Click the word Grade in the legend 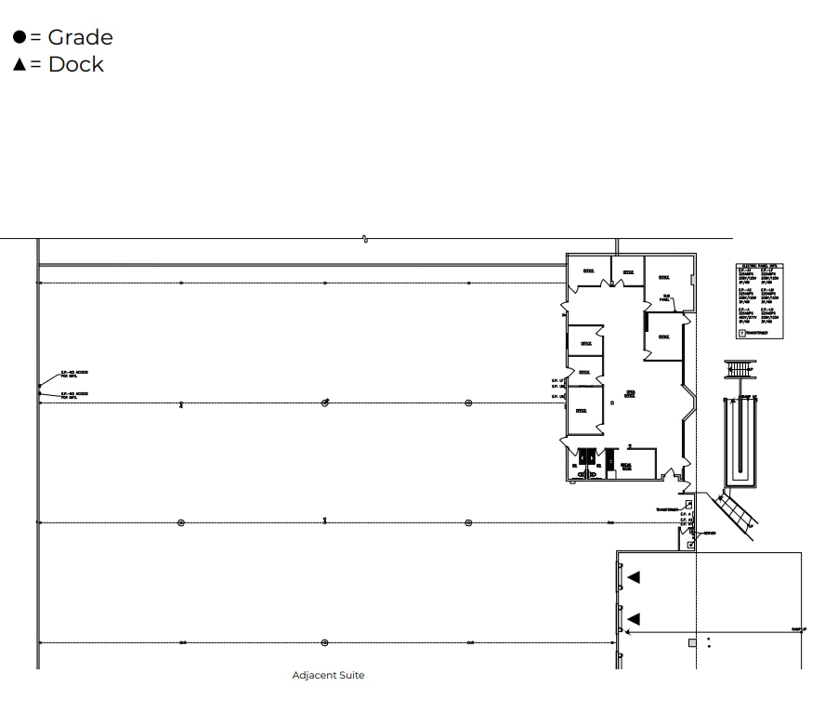[80, 38]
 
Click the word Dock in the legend [76, 65]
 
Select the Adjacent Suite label [328, 676]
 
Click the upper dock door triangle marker [634, 577]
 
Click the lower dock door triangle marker [634, 619]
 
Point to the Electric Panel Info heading [759, 267]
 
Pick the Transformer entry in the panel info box [756, 332]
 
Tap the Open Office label [631, 392]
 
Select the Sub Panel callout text [664, 298]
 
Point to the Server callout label [710, 533]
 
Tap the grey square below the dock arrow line [692, 642]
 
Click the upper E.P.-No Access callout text [74, 374]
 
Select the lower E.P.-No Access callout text [74, 394]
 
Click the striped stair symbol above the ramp [738, 368]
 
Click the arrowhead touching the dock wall [627, 631]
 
